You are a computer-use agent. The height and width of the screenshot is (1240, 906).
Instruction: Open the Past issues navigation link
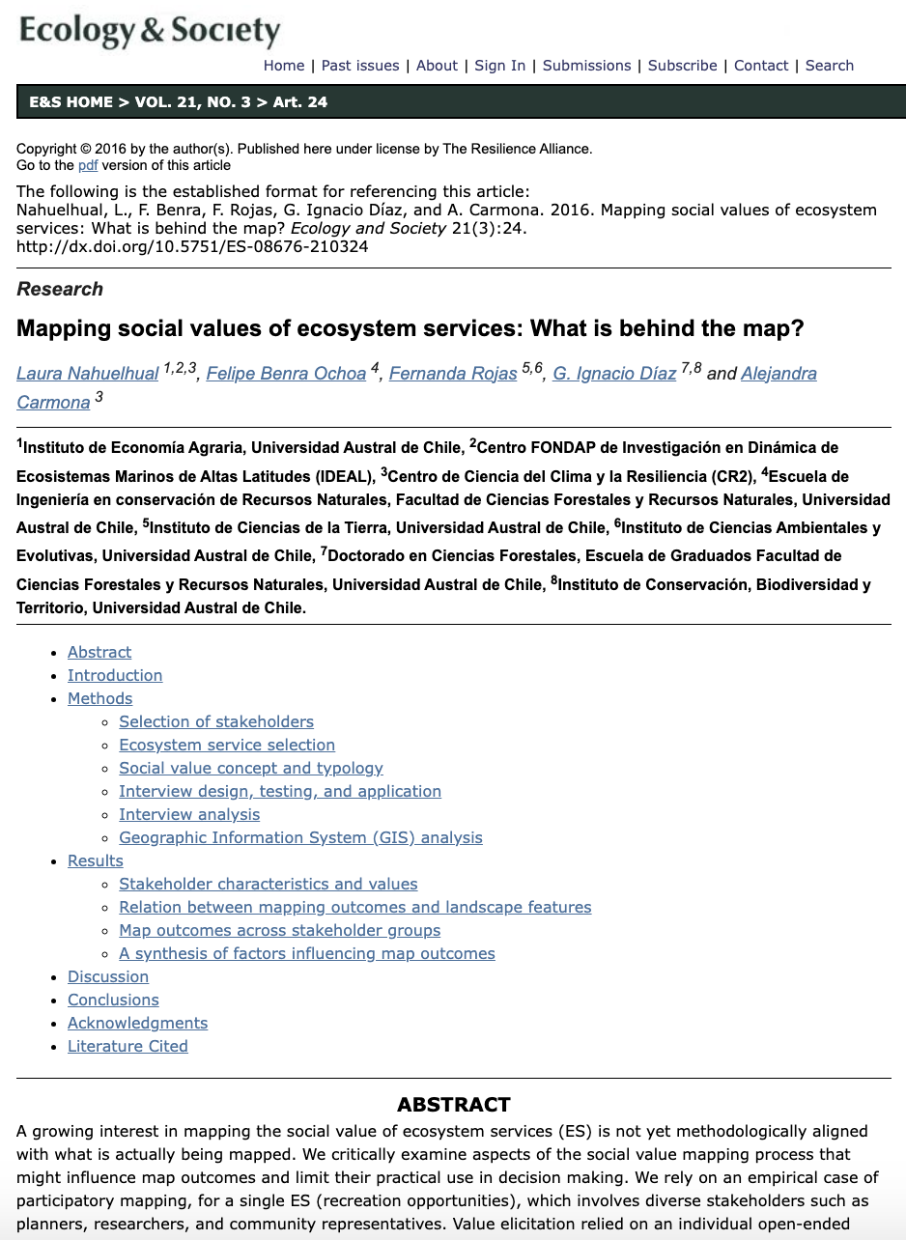360,66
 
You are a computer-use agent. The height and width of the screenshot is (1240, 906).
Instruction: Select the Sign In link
500,66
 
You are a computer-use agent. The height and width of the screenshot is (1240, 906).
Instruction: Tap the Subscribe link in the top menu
682,66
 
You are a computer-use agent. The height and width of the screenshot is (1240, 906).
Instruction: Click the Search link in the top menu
830,66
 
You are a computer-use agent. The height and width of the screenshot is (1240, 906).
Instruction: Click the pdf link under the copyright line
88,165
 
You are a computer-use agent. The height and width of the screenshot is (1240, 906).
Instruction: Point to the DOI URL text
192,246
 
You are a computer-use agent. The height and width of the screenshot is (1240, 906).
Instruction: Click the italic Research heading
60,289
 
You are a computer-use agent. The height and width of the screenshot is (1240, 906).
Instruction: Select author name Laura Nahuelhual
87,374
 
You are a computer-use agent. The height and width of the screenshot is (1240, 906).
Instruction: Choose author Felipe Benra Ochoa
285,374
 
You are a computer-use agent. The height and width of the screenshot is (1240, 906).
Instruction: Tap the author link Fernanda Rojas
452,374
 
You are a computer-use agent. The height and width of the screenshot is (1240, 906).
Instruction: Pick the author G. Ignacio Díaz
614,374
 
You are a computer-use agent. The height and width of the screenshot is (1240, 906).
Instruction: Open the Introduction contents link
115,675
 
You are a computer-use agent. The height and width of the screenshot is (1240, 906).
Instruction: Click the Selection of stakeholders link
216,721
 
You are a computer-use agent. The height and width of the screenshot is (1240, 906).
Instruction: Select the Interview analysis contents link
189,814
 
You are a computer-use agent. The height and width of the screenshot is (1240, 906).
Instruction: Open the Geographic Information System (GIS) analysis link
300,837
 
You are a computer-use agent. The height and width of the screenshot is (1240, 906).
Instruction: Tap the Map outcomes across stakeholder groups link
279,930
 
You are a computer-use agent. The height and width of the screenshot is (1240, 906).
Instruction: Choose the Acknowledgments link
137,1023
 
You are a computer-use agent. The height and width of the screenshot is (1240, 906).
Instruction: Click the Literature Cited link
127,1046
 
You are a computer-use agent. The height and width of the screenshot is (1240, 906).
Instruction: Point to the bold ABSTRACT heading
453,1105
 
